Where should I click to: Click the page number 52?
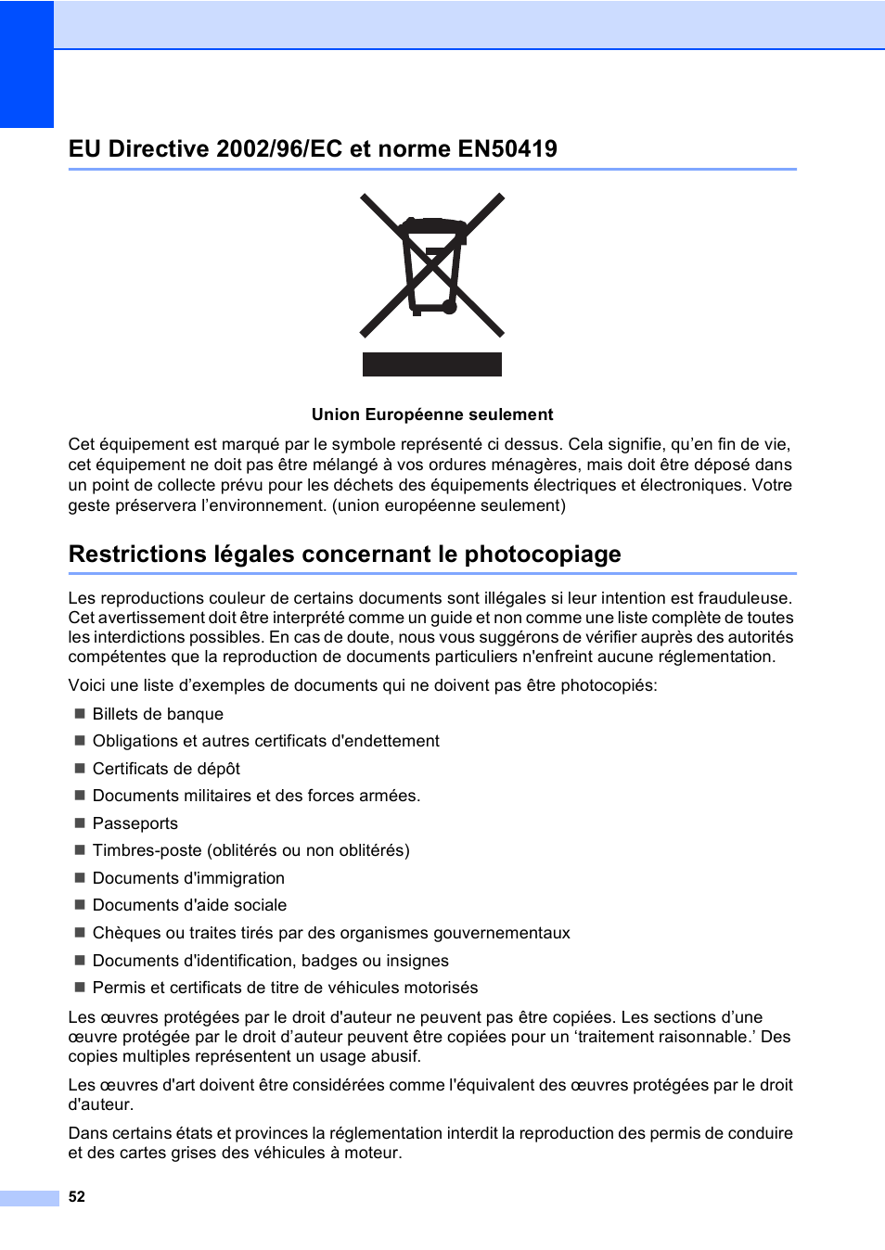point(77,1196)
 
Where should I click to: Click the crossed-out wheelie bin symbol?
point(431,265)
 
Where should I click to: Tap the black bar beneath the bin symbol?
point(431,364)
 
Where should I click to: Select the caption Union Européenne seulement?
point(432,415)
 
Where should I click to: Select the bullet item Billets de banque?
point(158,714)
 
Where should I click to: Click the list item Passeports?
point(135,823)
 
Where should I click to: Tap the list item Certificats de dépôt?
point(166,769)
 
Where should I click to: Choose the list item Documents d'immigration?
point(188,878)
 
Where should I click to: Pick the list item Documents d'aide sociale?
point(189,905)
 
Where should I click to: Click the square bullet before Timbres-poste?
point(80,850)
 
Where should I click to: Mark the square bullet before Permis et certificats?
point(80,988)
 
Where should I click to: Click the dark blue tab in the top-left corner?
point(27,64)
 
